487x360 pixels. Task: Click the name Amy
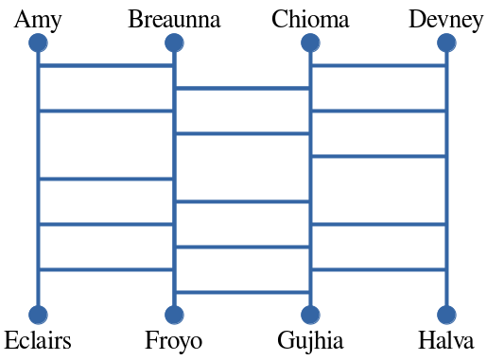point(38,19)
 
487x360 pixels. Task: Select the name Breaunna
point(174,19)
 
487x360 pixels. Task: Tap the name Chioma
point(310,19)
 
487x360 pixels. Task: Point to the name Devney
point(446,19)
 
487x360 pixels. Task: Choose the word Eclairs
point(38,341)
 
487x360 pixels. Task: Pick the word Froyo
point(174,341)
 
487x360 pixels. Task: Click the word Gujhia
point(310,341)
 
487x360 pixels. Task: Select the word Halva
point(446,341)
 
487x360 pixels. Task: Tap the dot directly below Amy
point(38,43)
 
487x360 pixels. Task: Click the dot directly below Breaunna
point(174,43)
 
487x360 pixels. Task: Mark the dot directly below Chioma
point(310,43)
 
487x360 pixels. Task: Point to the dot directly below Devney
point(446,43)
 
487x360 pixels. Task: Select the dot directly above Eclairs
point(38,315)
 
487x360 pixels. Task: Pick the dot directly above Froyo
point(174,315)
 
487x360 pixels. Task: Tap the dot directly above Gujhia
point(310,315)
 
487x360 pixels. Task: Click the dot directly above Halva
point(446,315)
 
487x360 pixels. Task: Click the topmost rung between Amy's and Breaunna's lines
point(106,66)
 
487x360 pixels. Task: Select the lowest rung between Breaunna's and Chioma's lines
point(242,292)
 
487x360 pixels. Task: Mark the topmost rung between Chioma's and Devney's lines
point(378,66)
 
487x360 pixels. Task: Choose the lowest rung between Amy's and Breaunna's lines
point(106,269)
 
